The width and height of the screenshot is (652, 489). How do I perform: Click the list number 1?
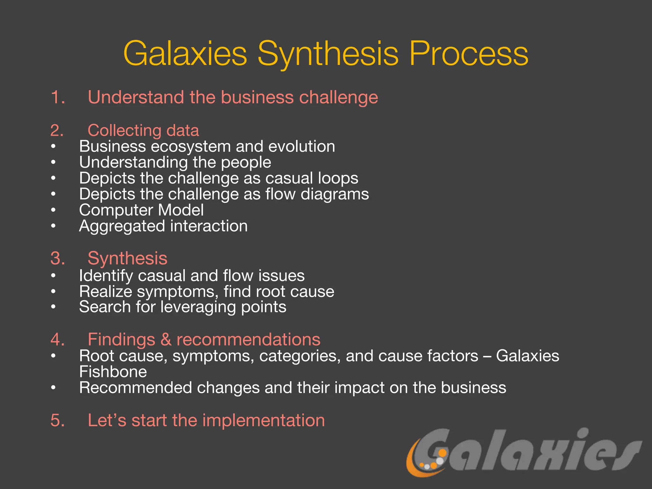tap(58, 97)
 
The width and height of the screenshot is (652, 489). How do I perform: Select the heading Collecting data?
tap(143, 130)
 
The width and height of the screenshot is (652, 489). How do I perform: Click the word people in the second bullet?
tap(246, 163)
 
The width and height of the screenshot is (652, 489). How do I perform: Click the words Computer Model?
tap(141, 210)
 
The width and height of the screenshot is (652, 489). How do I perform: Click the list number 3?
tap(58, 258)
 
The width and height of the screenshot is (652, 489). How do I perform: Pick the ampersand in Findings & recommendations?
tap(166, 339)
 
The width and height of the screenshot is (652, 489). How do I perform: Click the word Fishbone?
tap(113, 372)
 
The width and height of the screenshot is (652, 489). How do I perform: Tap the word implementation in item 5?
tap(263, 420)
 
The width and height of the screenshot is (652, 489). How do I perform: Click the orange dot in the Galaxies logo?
tap(442, 453)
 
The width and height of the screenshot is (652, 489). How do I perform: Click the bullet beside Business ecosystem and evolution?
tap(53, 147)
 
